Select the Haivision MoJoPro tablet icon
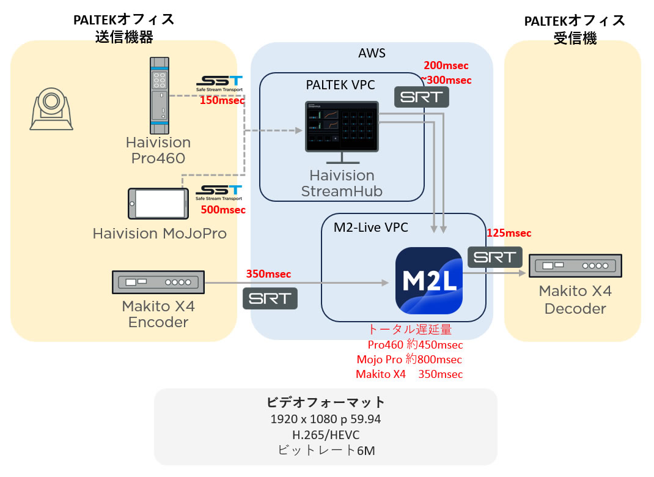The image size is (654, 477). pyautogui.click(x=158, y=203)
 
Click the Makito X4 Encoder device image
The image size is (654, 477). pyautogui.click(x=158, y=282)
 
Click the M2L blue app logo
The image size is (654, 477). pyautogui.click(x=429, y=281)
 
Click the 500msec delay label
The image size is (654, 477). pyautogui.click(x=223, y=210)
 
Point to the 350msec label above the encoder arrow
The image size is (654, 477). pyautogui.click(x=268, y=273)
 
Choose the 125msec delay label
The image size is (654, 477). pyautogui.click(x=509, y=233)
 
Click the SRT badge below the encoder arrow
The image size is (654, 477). pyautogui.click(x=270, y=298)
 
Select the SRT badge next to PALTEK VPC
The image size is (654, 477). pyautogui.click(x=422, y=97)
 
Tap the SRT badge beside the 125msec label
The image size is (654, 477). pyautogui.click(x=495, y=257)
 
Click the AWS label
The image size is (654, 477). pyautogui.click(x=372, y=53)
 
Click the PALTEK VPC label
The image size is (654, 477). pyautogui.click(x=340, y=84)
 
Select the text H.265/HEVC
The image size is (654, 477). pyautogui.click(x=326, y=434)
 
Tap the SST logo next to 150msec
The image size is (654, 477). pyautogui.click(x=219, y=83)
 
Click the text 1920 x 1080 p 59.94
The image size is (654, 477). pyautogui.click(x=325, y=419)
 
